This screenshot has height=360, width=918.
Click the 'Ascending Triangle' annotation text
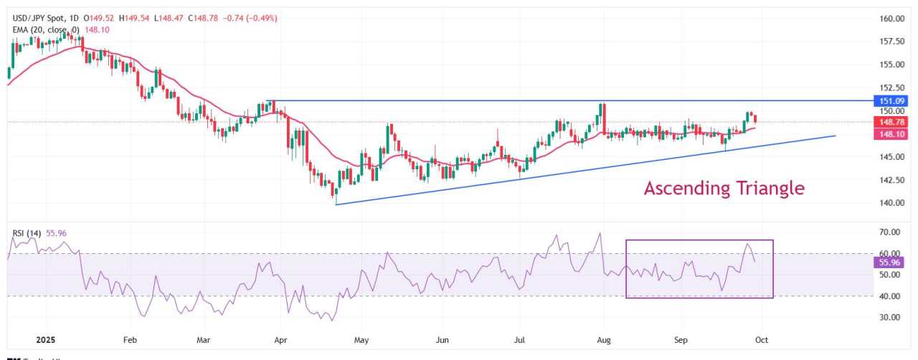(x=724, y=189)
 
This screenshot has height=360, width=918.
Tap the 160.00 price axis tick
(x=891, y=19)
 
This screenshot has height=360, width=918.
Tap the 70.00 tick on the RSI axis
(x=890, y=232)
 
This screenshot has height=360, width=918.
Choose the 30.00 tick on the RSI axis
(x=890, y=317)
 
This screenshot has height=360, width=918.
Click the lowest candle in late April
(x=333, y=192)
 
